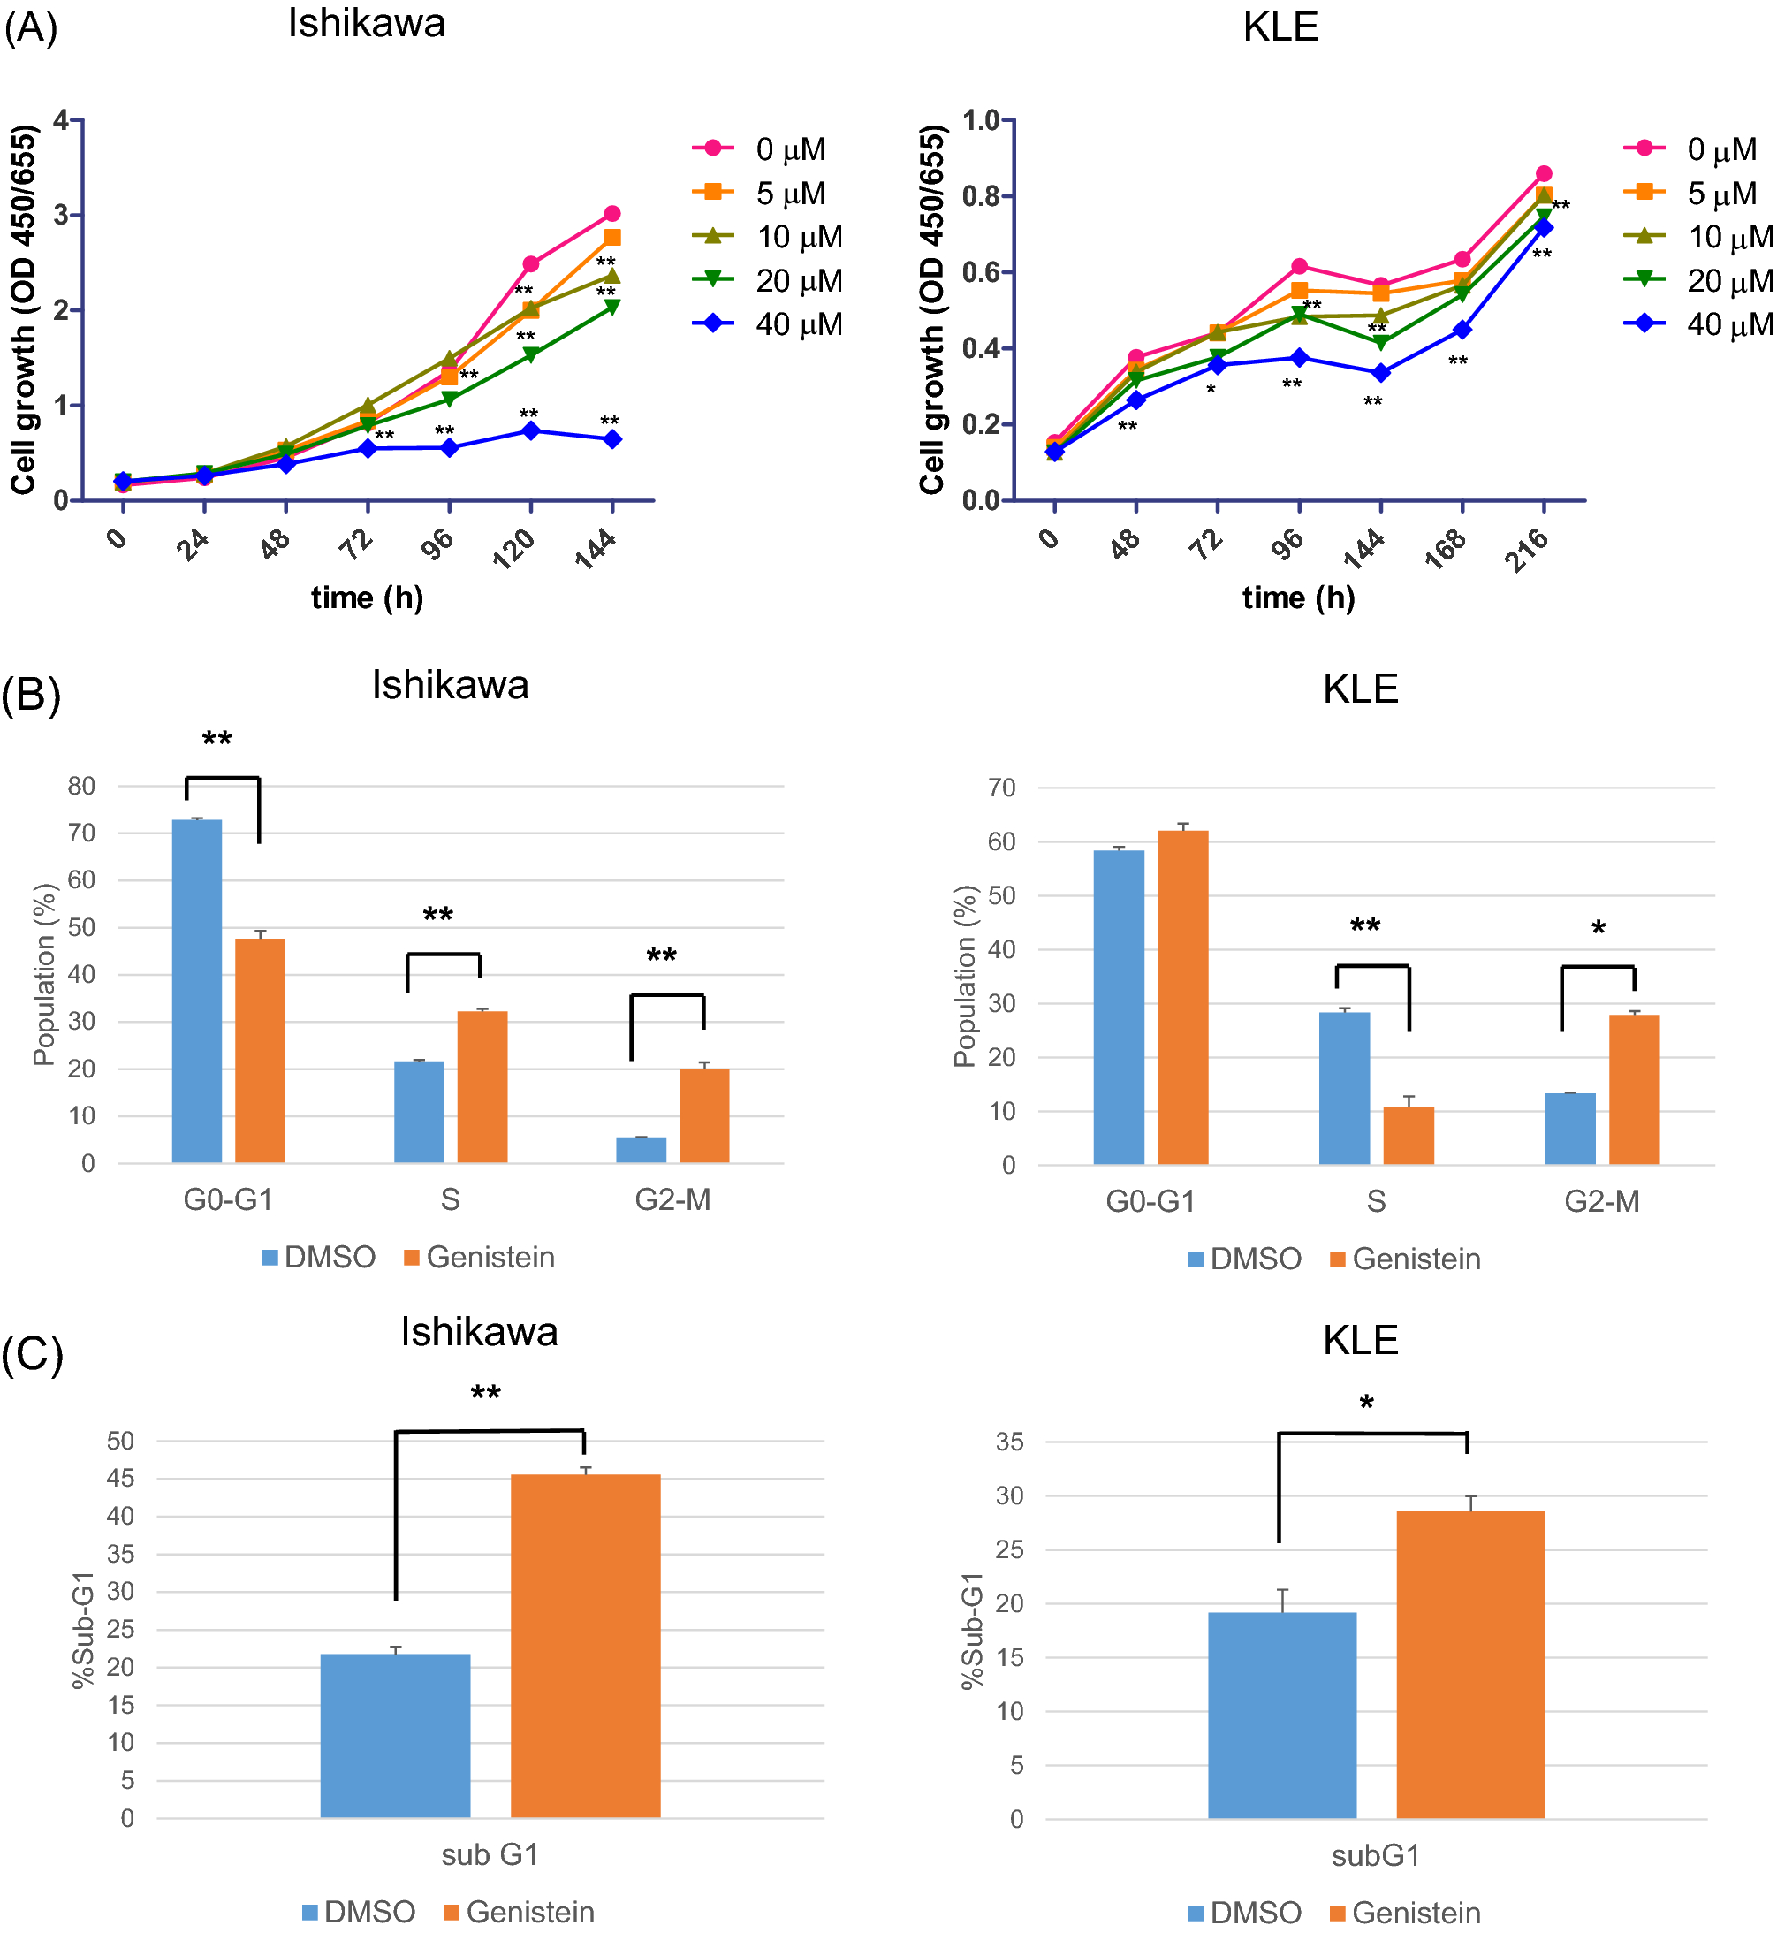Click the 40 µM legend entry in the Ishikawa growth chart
(767, 324)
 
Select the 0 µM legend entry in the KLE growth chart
(1698, 149)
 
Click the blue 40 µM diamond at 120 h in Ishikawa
(531, 430)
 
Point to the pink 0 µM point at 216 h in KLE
(1544, 174)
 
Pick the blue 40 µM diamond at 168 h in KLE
(1462, 330)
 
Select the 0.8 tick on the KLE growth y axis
(981, 196)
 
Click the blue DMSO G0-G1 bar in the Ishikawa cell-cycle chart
(197, 991)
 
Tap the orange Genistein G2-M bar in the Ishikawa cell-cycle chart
(704, 1115)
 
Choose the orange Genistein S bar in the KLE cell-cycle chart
(1409, 1136)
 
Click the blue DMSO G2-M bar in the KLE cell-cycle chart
(1569, 1129)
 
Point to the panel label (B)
(31, 695)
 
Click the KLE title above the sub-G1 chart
(1360, 1340)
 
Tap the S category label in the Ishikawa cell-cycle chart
(450, 1199)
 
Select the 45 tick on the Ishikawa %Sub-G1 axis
(120, 1478)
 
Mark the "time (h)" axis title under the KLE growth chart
(1298, 598)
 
